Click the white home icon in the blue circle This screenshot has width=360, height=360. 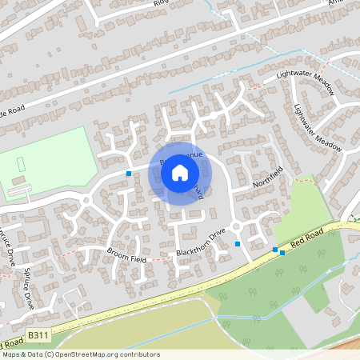click(180, 172)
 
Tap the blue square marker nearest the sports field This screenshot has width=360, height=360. click(129, 173)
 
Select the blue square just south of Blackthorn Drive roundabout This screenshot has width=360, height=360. click(237, 243)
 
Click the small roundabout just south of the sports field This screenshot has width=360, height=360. click(86, 200)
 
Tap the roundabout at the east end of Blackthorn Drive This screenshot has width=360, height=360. click(236, 226)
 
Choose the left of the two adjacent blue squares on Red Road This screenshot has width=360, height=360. click(274, 250)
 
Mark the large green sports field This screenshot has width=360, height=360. click(48, 160)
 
